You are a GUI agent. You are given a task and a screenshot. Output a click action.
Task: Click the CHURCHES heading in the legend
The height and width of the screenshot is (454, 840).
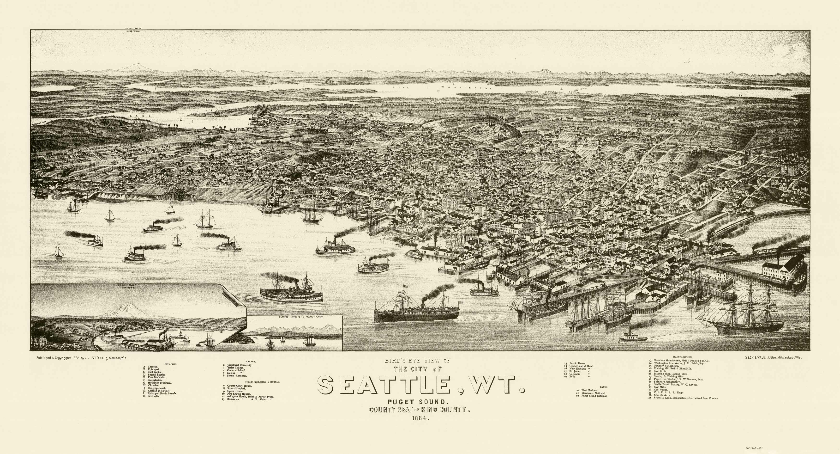click(x=171, y=364)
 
